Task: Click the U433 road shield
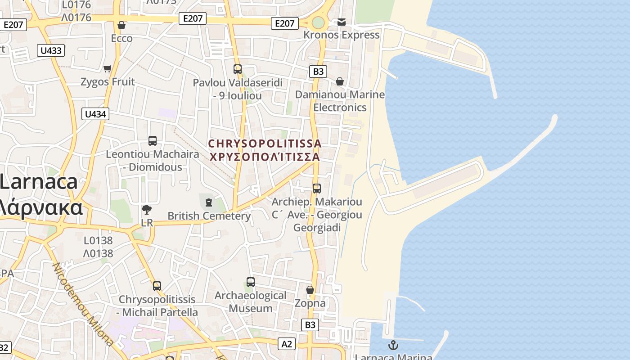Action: point(51,50)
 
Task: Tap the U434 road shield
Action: point(95,114)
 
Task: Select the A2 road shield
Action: point(287,344)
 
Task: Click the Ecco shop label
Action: point(122,38)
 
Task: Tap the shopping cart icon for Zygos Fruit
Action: point(107,68)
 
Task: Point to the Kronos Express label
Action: point(342,35)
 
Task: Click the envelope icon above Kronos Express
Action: point(342,22)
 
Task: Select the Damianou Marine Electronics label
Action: point(340,101)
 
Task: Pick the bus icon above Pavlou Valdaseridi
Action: point(238,69)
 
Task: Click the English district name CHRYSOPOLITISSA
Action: point(265,144)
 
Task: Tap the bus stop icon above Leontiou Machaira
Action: point(153,141)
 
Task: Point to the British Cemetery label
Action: point(209,216)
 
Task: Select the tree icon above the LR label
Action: point(146,209)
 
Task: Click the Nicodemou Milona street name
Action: point(84,303)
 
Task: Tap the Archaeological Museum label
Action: point(250,302)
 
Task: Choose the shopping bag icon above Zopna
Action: point(310,290)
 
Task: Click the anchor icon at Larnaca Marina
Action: point(393,345)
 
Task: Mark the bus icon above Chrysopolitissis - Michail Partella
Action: point(157,286)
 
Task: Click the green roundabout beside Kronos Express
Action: point(318,22)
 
